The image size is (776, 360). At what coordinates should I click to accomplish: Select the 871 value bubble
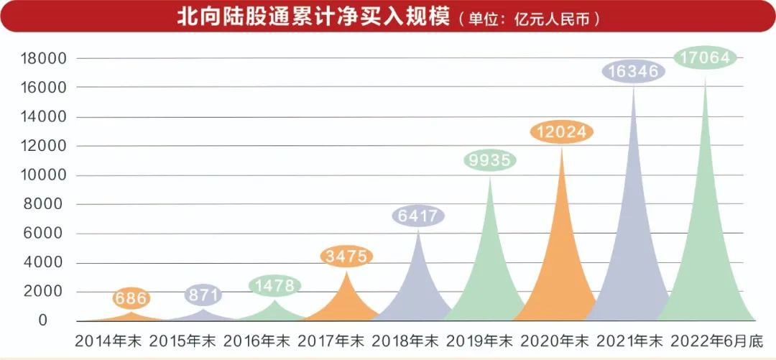[x=203, y=295]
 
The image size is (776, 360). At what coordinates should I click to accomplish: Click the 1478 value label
[x=274, y=285]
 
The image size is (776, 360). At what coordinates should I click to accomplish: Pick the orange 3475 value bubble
[x=346, y=256]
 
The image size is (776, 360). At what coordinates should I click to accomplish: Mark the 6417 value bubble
[x=418, y=216]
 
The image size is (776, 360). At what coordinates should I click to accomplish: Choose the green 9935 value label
[x=490, y=160]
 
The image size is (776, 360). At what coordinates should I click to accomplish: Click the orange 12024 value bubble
[x=562, y=132]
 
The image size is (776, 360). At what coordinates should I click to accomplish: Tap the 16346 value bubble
[x=634, y=71]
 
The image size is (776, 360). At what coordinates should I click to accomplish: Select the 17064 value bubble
[x=705, y=57]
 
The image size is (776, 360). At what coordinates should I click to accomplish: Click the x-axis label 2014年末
[x=109, y=339]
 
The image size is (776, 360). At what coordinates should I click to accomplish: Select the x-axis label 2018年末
[x=406, y=339]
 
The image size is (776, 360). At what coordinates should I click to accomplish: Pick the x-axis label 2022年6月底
[x=712, y=339]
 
